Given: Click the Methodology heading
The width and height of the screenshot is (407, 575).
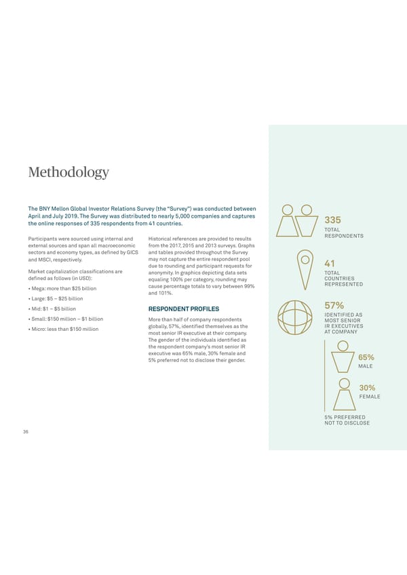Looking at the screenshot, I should [x=68, y=172].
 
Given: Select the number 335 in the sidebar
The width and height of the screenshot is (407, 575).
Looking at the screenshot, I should [x=333, y=220].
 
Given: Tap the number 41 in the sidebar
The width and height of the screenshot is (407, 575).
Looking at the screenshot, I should [x=331, y=264].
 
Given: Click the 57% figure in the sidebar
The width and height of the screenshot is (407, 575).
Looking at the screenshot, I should [x=335, y=306].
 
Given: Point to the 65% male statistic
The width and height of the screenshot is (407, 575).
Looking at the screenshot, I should [x=366, y=357].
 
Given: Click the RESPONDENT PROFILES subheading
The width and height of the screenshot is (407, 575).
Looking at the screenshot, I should [x=182, y=309].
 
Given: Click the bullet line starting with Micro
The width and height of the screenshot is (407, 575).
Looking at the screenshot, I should [x=63, y=330].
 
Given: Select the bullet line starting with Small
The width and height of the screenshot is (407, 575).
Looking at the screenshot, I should [x=66, y=319].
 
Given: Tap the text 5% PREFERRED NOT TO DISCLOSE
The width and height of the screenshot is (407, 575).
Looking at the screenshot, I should [x=347, y=420].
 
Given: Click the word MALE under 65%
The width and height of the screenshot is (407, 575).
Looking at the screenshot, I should [x=366, y=366].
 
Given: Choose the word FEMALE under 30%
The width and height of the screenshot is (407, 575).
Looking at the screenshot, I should [x=369, y=397].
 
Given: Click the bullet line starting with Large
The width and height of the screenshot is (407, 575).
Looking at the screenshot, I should [x=56, y=299].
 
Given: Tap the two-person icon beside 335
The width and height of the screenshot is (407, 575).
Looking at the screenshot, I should [x=297, y=220].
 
